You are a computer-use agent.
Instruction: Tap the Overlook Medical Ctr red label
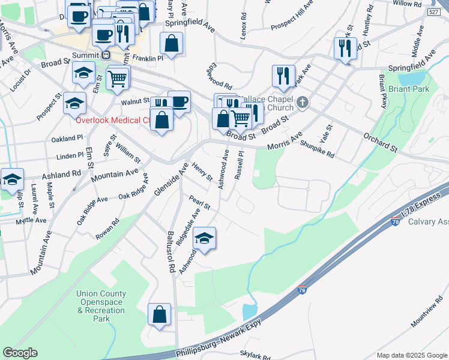(112, 119)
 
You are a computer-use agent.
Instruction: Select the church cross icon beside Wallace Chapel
(302, 103)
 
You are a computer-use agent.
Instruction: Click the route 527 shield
(434, 13)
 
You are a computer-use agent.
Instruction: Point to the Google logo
(20, 353)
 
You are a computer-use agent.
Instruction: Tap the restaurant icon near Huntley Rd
(345, 48)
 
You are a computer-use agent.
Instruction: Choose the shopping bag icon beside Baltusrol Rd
(160, 315)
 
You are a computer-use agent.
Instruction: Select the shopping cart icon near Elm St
(118, 77)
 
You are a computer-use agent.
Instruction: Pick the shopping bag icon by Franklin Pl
(172, 44)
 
